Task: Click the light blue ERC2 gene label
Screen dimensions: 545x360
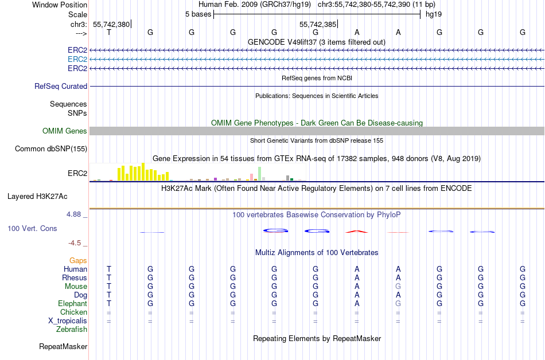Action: coord(77,60)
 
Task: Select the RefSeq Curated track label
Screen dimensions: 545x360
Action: coord(61,86)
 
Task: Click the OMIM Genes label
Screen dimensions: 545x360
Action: coord(65,131)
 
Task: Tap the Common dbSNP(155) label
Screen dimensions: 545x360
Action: coord(51,148)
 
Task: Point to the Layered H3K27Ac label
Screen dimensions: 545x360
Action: coord(37,197)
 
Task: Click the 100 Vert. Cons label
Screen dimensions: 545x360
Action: coord(32,228)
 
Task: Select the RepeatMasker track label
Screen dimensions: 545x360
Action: coord(63,346)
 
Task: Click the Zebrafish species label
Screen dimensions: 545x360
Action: coord(72,329)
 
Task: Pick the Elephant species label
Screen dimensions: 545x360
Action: coord(73,303)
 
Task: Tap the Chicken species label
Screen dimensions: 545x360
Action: coord(73,312)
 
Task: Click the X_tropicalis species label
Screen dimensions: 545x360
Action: coord(68,321)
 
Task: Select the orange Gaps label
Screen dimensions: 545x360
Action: coord(78,260)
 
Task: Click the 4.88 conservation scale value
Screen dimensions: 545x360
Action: coord(73,214)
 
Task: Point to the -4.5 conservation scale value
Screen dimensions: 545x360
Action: coord(75,242)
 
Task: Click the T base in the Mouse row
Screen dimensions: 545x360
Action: coord(109,287)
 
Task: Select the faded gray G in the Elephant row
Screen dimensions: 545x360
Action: coord(398,303)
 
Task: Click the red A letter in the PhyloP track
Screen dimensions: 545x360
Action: coord(357,232)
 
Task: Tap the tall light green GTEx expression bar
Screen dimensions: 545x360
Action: coord(260,174)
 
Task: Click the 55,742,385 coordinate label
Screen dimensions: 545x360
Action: coord(318,24)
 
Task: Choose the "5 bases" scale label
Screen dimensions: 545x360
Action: coord(198,14)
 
